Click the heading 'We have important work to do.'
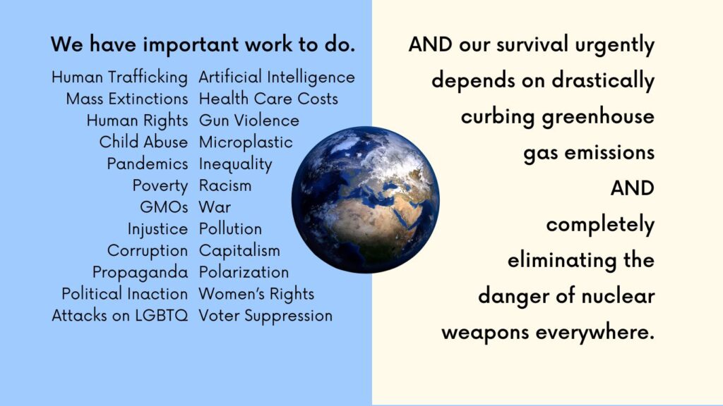(203, 44)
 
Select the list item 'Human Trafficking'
(120, 78)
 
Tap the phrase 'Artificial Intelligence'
(277, 78)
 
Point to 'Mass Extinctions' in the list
(127, 99)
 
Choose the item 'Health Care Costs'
(268, 99)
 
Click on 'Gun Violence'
(249, 120)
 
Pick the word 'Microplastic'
(246, 142)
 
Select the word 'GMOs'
(164, 207)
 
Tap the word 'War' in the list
(215, 207)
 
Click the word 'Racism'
(225, 185)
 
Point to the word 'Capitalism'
(239, 250)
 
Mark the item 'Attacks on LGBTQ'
(120, 316)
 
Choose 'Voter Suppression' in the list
(265, 316)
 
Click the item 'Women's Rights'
(256, 294)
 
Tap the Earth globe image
(365, 199)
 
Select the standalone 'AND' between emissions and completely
(633, 188)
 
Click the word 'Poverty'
(160, 186)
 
